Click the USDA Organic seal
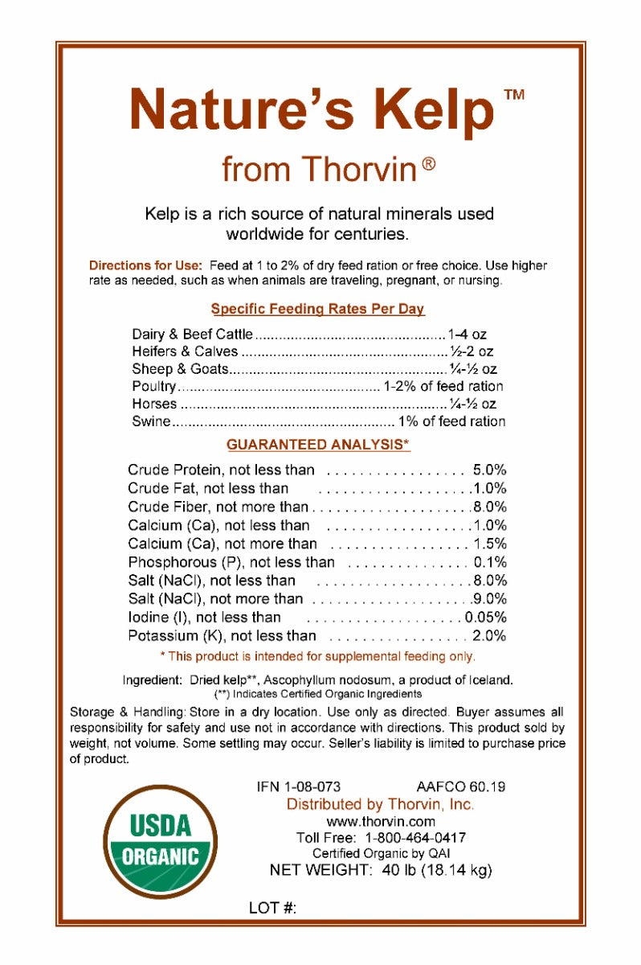click(160, 841)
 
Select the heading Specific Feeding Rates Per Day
click(317, 309)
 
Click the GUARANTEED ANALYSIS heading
click(318, 445)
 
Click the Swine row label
click(151, 421)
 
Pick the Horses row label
click(154, 404)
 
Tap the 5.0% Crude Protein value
click(489, 470)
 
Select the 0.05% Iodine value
click(485, 618)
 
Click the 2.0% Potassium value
click(489, 636)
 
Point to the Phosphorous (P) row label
click(231, 562)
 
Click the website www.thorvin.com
click(381, 821)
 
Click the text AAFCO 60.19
click(461, 786)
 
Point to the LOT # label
click(273, 908)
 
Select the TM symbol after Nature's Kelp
click(513, 95)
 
